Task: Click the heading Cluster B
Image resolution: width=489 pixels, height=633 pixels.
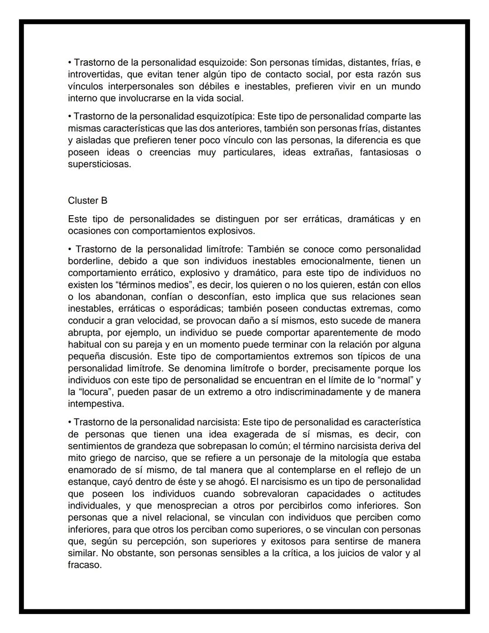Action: pos(87,201)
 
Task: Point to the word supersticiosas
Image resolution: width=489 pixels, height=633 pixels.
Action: pos(99,164)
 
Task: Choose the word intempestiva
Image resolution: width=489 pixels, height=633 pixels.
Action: pos(96,404)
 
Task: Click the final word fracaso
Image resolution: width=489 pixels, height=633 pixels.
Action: pos(84,565)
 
